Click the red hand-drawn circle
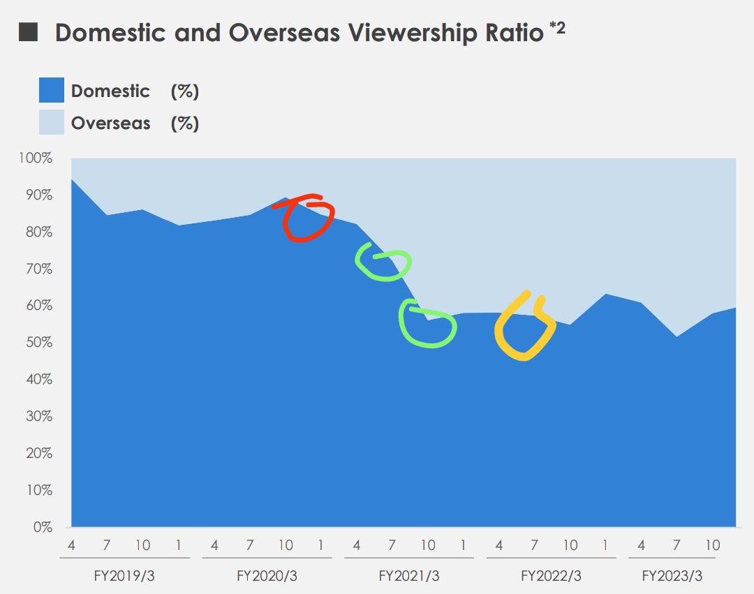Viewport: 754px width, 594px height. click(x=304, y=218)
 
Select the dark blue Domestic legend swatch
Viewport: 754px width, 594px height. click(x=51, y=91)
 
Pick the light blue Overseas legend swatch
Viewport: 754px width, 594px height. click(x=51, y=123)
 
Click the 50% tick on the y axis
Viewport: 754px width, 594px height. click(x=38, y=343)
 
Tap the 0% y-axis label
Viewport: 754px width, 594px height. click(x=42, y=527)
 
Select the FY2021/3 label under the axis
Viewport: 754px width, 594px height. click(x=409, y=577)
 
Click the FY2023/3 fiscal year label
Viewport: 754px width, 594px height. click(x=672, y=577)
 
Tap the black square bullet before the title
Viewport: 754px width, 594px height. click(x=28, y=33)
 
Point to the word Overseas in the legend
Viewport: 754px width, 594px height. click(x=110, y=124)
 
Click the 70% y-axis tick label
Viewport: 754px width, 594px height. click(x=38, y=269)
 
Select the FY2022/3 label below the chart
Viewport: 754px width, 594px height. click(x=551, y=577)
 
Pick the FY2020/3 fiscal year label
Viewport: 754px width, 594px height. click(x=267, y=577)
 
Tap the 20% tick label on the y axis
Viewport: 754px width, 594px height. click(x=38, y=453)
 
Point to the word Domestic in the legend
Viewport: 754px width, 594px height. click(x=110, y=91)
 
